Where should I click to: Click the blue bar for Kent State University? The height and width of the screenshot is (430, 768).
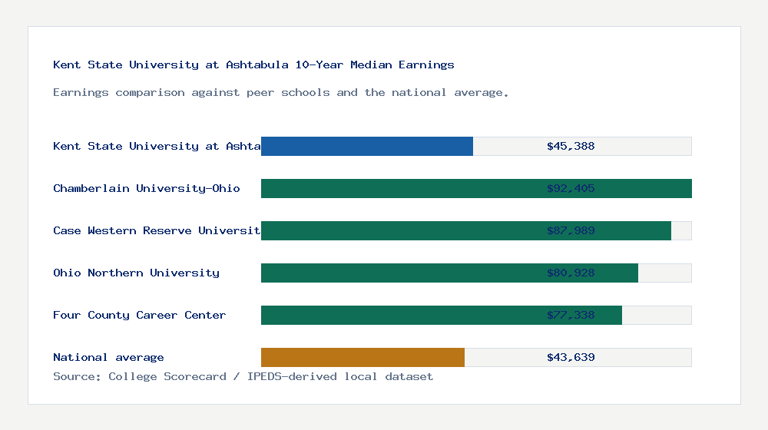(367, 146)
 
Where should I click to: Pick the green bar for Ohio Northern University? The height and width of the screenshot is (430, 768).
(399, 273)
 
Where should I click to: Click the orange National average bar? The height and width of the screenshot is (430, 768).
(362, 357)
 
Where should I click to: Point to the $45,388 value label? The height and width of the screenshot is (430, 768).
(571, 146)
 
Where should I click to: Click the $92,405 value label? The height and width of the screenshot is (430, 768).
(571, 188)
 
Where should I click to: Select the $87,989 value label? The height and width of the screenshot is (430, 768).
(571, 230)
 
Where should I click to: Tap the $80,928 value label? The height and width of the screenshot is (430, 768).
(571, 273)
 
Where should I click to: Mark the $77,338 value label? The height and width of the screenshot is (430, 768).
(571, 315)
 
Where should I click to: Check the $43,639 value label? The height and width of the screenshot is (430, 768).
(571, 357)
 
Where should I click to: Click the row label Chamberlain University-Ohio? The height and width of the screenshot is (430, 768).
(147, 188)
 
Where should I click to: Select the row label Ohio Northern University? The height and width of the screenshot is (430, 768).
(136, 273)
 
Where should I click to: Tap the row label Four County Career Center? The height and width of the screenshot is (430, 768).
(139, 315)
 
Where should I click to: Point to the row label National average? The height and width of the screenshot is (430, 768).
(108, 357)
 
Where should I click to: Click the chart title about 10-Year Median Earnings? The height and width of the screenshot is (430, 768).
(253, 64)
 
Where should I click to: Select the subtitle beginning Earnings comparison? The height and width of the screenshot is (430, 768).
(280, 92)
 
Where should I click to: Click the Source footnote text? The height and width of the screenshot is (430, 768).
(243, 376)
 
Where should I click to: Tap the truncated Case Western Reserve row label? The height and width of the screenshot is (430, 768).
(157, 230)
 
